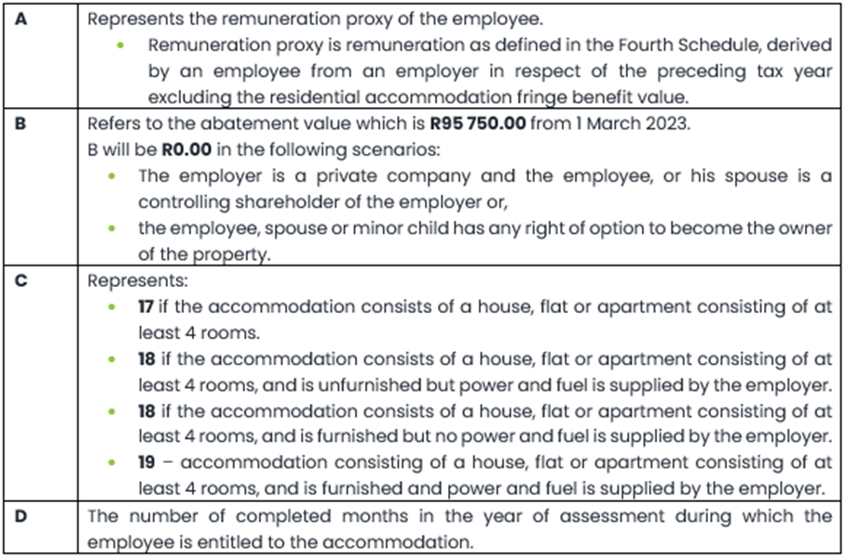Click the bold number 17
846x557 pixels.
pyautogui.click(x=146, y=306)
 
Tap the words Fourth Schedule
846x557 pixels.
pyautogui.click(x=525, y=45)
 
